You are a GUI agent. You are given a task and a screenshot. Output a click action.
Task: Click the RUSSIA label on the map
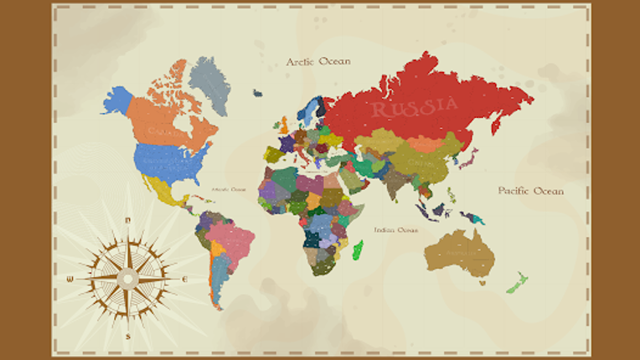414,107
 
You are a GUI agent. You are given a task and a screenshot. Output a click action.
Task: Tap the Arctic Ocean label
318,62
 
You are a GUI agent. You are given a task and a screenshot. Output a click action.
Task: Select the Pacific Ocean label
531,191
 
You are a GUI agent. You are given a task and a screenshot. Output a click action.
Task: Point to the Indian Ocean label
395,229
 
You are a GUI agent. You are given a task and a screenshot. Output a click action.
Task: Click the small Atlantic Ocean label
230,189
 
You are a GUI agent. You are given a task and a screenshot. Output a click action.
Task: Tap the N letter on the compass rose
127,220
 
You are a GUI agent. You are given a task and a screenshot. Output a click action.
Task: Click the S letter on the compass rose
128,336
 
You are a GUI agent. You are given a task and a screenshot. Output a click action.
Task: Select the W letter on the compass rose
70,279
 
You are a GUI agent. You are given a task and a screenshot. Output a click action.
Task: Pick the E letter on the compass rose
184,279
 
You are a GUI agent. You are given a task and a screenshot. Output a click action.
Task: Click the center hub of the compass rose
127,278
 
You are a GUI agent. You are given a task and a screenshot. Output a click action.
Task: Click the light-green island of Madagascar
359,249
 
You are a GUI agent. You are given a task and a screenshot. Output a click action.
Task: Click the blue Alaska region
118,101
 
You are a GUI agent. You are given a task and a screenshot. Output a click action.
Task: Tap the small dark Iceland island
257,93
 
